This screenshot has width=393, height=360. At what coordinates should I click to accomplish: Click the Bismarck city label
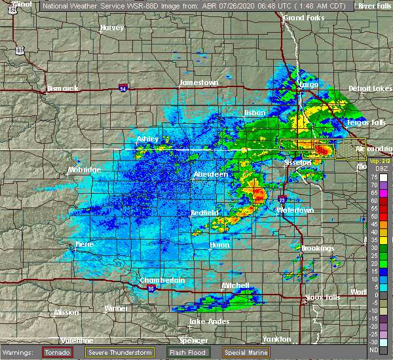(x=62, y=88)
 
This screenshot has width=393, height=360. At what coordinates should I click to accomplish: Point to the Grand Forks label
(x=304, y=18)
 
